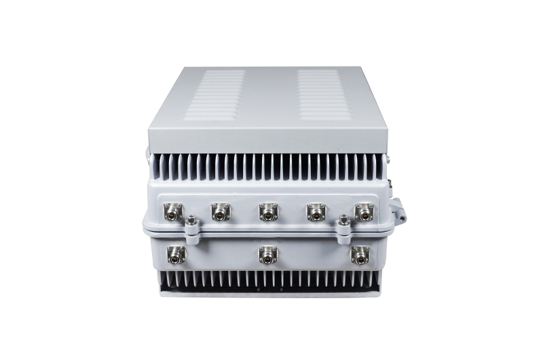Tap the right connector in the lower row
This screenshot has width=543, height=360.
358,254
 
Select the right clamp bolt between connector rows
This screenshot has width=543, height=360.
344,221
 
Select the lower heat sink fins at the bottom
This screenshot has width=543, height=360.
268,279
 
